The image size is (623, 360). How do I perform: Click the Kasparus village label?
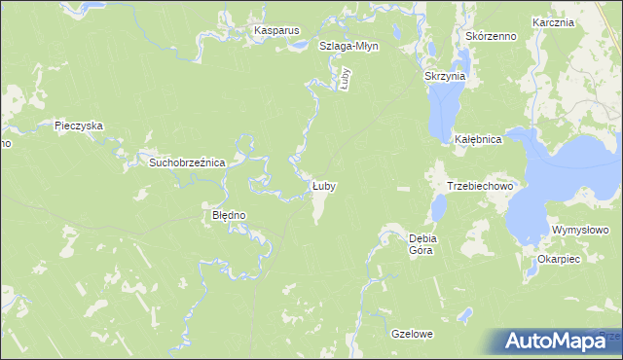(x=275, y=31)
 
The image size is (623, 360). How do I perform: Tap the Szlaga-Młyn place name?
(x=348, y=46)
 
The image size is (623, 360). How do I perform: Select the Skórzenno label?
(x=490, y=36)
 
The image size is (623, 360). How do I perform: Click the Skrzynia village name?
(x=446, y=75)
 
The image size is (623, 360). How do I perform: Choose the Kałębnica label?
(x=477, y=140)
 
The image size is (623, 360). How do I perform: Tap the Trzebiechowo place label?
(x=479, y=185)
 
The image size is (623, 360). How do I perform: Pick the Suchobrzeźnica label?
(x=187, y=162)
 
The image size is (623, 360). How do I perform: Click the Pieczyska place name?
(x=79, y=126)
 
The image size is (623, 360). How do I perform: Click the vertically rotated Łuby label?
(x=345, y=78)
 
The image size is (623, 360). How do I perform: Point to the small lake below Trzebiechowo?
(x=439, y=207)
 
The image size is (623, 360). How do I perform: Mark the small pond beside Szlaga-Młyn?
(x=302, y=45)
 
